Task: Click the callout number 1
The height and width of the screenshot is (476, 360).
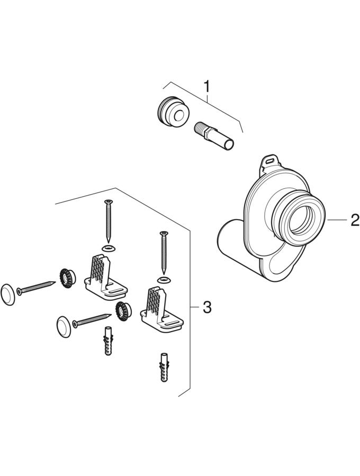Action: coord(206,86)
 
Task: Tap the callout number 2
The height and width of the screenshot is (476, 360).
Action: coord(355,220)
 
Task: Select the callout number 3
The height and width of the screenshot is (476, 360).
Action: coord(206,307)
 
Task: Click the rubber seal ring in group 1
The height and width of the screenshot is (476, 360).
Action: coord(174,113)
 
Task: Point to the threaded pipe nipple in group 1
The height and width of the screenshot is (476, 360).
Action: coord(214,136)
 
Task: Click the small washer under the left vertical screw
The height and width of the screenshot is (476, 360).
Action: coord(108,248)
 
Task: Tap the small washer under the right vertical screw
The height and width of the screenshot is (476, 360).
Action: coord(164,279)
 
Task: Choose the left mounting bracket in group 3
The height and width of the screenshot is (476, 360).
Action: coord(106,278)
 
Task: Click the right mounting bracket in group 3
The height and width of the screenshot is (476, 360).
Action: coord(161,308)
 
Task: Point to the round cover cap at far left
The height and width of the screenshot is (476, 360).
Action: coord(8,294)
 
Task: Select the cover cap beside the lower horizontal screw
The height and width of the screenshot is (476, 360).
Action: coord(64,327)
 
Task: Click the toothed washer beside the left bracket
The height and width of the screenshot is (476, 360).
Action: coord(67,278)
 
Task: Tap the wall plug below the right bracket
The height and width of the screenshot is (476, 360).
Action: coord(164,368)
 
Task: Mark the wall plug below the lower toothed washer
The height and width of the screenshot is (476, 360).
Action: coord(108,341)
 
